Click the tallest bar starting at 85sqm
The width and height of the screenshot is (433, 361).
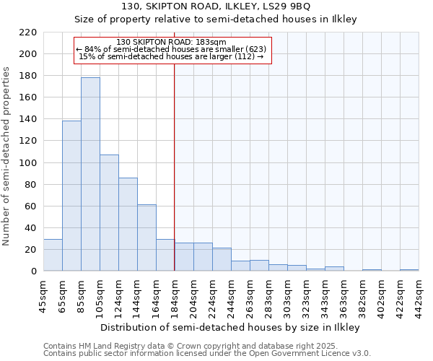pyautogui.click(x=90, y=174)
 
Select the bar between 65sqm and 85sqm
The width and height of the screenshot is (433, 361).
pyautogui.click(x=71, y=196)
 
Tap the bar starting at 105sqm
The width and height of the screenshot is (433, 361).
pyautogui.click(x=109, y=213)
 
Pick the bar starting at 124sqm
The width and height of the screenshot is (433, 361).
pyautogui.click(x=128, y=224)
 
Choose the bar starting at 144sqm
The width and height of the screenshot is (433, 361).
pyautogui.click(x=146, y=238)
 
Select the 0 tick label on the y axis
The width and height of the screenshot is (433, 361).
pyautogui.click(x=33, y=271)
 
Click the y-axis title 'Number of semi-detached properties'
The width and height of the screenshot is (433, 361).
pyautogui.click(x=7, y=156)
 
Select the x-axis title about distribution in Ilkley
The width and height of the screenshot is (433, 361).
pyautogui.click(x=230, y=327)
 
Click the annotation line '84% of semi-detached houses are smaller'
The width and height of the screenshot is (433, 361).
pyautogui.click(x=171, y=49)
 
